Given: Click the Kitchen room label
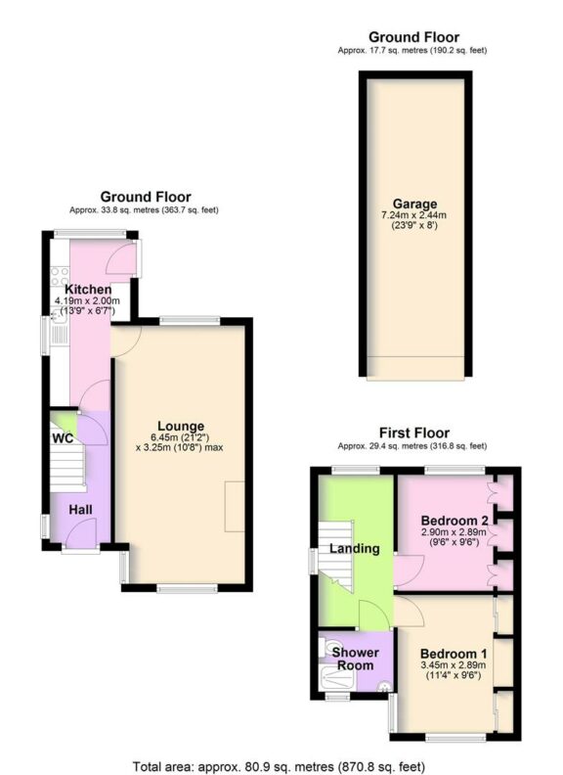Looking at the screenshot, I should pyautogui.click(x=86, y=290).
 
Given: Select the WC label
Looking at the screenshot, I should pyautogui.click(x=63, y=438).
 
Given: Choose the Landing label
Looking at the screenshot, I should pyautogui.click(x=354, y=548).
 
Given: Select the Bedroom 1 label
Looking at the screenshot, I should pyautogui.click(x=452, y=654).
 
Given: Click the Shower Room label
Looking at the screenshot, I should pyautogui.click(x=354, y=659).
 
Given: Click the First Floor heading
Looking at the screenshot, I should pyautogui.click(x=414, y=433).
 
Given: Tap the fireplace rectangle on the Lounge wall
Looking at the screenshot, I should pyautogui.click(x=236, y=508).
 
